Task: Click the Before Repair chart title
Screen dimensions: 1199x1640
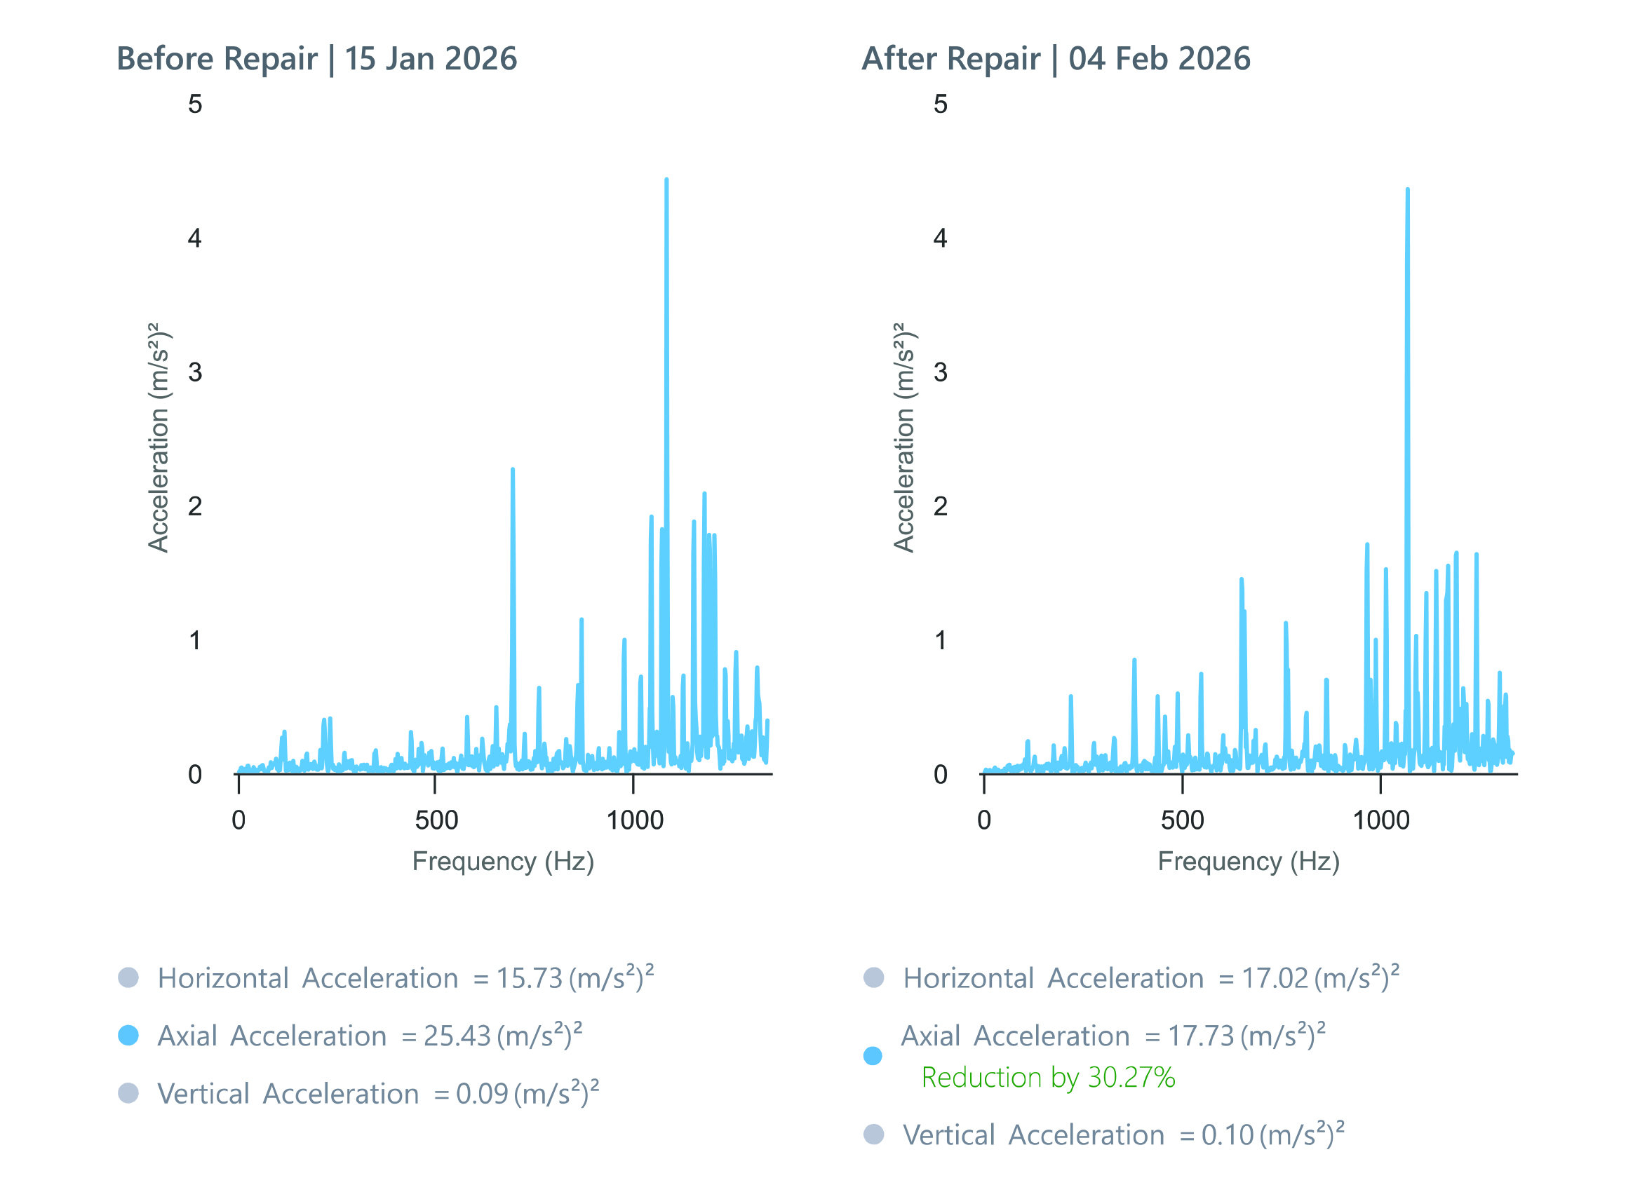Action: coord(316,59)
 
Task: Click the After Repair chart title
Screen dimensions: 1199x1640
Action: coord(1056,59)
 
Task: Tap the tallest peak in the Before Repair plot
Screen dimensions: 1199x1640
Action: coord(666,181)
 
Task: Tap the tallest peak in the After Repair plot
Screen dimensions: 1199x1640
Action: coord(1407,191)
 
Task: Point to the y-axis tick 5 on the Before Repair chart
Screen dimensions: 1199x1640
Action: coord(194,104)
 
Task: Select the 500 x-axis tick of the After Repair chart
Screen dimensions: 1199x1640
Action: coord(1182,820)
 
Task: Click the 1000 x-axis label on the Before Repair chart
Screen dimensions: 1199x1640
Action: coord(635,820)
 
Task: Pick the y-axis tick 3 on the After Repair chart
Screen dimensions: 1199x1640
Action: coord(940,372)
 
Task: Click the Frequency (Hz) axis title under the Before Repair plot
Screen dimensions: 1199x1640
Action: coord(503,862)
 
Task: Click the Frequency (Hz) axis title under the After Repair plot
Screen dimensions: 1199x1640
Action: coord(1248,862)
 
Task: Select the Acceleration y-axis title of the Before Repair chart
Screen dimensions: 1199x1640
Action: coord(159,438)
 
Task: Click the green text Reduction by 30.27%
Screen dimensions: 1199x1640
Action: coord(1047,1077)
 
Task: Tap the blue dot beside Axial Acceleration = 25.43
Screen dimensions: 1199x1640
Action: coord(128,1035)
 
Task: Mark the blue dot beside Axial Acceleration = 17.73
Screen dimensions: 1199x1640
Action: coord(873,1055)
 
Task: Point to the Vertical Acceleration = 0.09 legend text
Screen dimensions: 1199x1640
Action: coord(377,1094)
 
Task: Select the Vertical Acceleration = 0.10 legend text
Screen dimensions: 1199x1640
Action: coord(1122,1134)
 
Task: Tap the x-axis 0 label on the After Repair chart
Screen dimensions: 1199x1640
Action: coord(983,820)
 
